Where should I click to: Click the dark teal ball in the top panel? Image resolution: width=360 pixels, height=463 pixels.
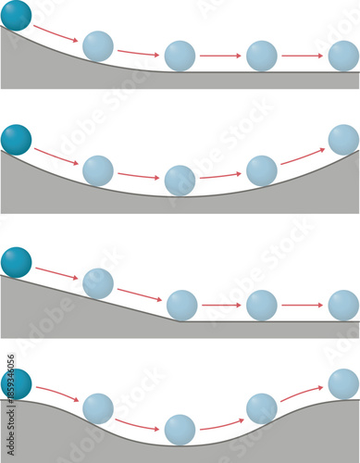pos(16,16)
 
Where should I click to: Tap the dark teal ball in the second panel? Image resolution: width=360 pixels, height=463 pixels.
pos(16,139)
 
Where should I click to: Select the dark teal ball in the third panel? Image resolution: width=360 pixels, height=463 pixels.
pos(16,262)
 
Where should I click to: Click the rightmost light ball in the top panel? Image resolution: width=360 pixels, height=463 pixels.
pos(343,56)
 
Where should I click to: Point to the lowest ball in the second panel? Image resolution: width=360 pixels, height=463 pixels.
pos(180,180)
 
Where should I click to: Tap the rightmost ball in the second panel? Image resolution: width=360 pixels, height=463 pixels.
pos(343,139)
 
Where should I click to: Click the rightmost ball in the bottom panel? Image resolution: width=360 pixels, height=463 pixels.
pos(343,383)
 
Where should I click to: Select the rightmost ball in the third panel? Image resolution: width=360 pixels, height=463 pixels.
pos(343,305)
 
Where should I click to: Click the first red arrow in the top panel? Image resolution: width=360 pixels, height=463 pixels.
pos(56,33)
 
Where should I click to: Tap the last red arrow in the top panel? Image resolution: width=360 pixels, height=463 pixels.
pos(302,56)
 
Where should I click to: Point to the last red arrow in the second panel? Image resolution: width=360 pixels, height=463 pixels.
pos(302,156)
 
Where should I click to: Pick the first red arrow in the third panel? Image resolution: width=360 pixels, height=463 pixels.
pos(56,272)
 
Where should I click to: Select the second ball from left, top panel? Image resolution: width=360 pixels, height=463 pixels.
pos(98,45)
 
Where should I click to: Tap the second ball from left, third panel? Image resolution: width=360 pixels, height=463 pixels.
pos(98,282)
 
